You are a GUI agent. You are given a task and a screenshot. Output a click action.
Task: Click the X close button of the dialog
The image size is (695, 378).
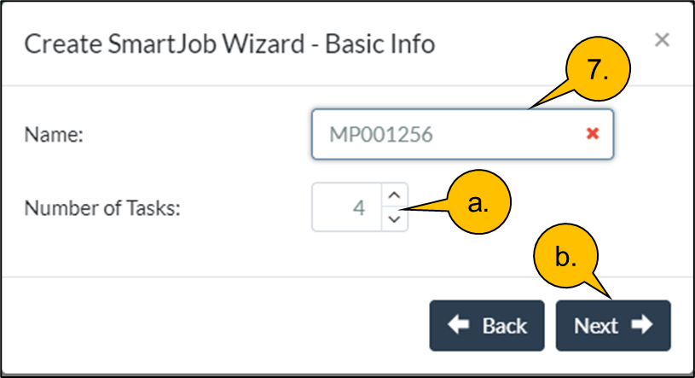click(x=662, y=39)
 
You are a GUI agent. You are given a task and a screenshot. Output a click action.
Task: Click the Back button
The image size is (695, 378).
click(x=486, y=325)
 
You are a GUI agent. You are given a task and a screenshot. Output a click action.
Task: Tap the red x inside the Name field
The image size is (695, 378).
click(x=593, y=133)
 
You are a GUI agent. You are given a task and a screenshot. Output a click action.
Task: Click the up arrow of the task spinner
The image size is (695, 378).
click(x=393, y=195)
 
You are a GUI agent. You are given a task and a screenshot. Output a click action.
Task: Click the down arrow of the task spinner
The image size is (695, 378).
click(x=393, y=218)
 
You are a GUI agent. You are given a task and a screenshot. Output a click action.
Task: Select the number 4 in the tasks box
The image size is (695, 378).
click(x=359, y=207)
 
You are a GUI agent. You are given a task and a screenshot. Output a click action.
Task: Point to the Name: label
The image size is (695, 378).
click(x=53, y=134)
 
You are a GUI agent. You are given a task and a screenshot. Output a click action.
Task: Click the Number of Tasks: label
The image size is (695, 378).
click(x=102, y=207)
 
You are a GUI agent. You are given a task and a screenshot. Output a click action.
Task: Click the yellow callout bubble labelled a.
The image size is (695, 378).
click(x=478, y=202)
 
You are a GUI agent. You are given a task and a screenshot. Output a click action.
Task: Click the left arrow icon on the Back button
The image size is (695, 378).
click(x=459, y=325)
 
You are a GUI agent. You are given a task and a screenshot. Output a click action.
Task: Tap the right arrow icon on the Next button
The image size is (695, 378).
click(x=641, y=325)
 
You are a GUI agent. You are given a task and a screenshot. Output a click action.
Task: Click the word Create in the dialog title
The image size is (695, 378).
click(x=57, y=43)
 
